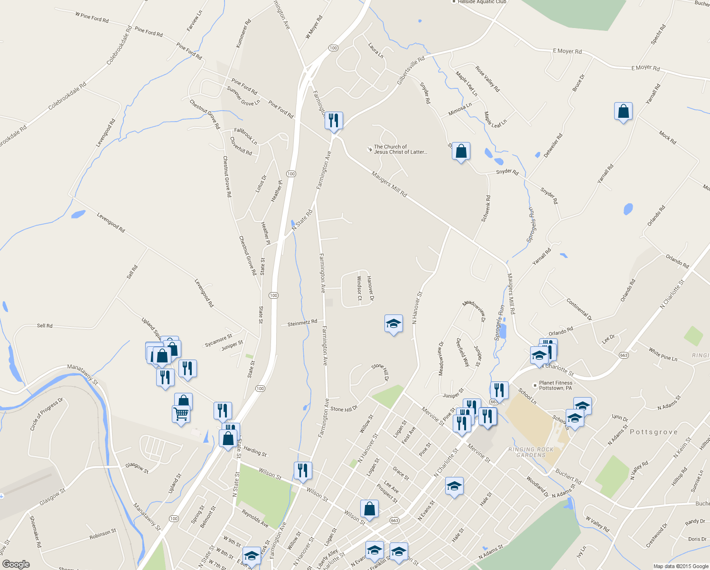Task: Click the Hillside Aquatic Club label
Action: coord(481,2)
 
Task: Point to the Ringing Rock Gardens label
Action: coord(531,452)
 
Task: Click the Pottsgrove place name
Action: coord(654,432)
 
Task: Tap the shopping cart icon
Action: coord(181,414)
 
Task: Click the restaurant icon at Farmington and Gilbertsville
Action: coord(334,121)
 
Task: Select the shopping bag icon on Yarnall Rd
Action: coord(623,112)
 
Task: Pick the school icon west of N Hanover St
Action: coord(393,324)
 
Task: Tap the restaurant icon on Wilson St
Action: coord(303,471)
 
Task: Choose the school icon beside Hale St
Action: coord(454,486)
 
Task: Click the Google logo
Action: coord(16,564)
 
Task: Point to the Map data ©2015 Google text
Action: coord(681,566)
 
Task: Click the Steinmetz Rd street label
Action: coord(302,323)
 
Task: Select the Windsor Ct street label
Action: coord(359,288)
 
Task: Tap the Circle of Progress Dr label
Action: coord(47,414)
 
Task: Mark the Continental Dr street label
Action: coord(579,309)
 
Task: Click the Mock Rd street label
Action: coord(667,137)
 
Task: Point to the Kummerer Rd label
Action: coord(243,34)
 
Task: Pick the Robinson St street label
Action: coord(103,534)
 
